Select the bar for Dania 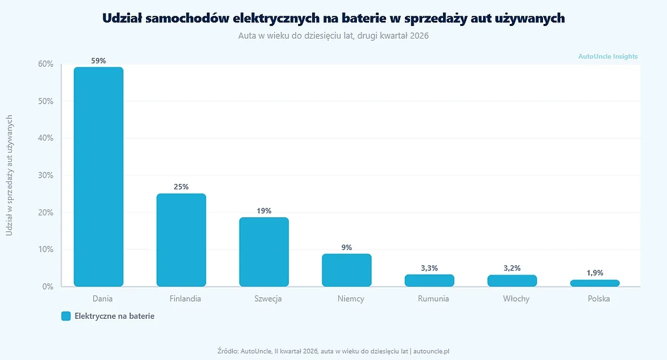pyautogui.click(x=98, y=177)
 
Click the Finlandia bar pyautogui.click(x=181, y=240)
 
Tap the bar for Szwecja pyautogui.click(x=264, y=252)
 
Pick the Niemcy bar pyautogui.click(x=347, y=270)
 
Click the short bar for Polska pyautogui.click(x=595, y=283)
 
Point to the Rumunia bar pyautogui.click(x=429, y=280)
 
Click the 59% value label pyautogui.click(x=98, y=61)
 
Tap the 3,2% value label pyautogui.click(x=512, y=268)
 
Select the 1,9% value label pyautogui.click(x=595, y=273)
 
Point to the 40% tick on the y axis pyautogui.click(x=45, y=138)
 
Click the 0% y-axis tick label pyautogui.click(x=47, y=287)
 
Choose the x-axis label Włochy pyautogui.click(x=516, y=299)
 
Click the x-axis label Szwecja pyautogui.click(x=268, y=299)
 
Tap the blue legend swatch pyautogui.click(x=66, y=316)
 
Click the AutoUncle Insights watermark pyautogui.click(x=608, y=56)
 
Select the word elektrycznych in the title pyautogui.click(x=276, y=18)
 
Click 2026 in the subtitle pyautogui.click(x=419, y=36)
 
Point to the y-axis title pyautogui.click(x=9, y=176)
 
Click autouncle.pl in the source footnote pyautogui.click(x=431, y=351)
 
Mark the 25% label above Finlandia pyautogui.click(x=181, y=187)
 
